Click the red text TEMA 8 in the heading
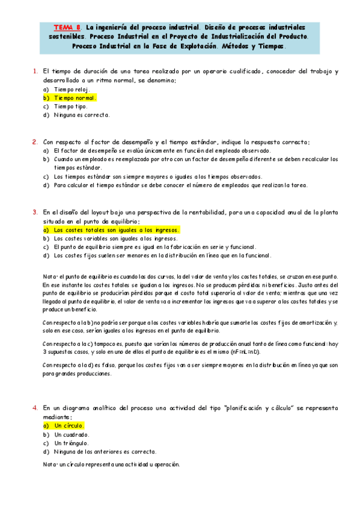pyautogui.click(x=66, y=27)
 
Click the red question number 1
pyautogui.click(x=35, y=72)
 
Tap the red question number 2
pyautogui.click(x=35, y=142)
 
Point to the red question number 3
pyautogui.click(x=35, y=212)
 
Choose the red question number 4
pyautogui.click(x=35, y=408)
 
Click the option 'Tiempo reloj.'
pyautogui.click(x=71, y=89)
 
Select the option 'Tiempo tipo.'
pyautogui.click(x=70, y=106)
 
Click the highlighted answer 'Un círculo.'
pyautogui.click(x=69, y=425)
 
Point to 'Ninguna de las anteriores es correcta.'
pyautogui.click(x=105, y=451)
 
